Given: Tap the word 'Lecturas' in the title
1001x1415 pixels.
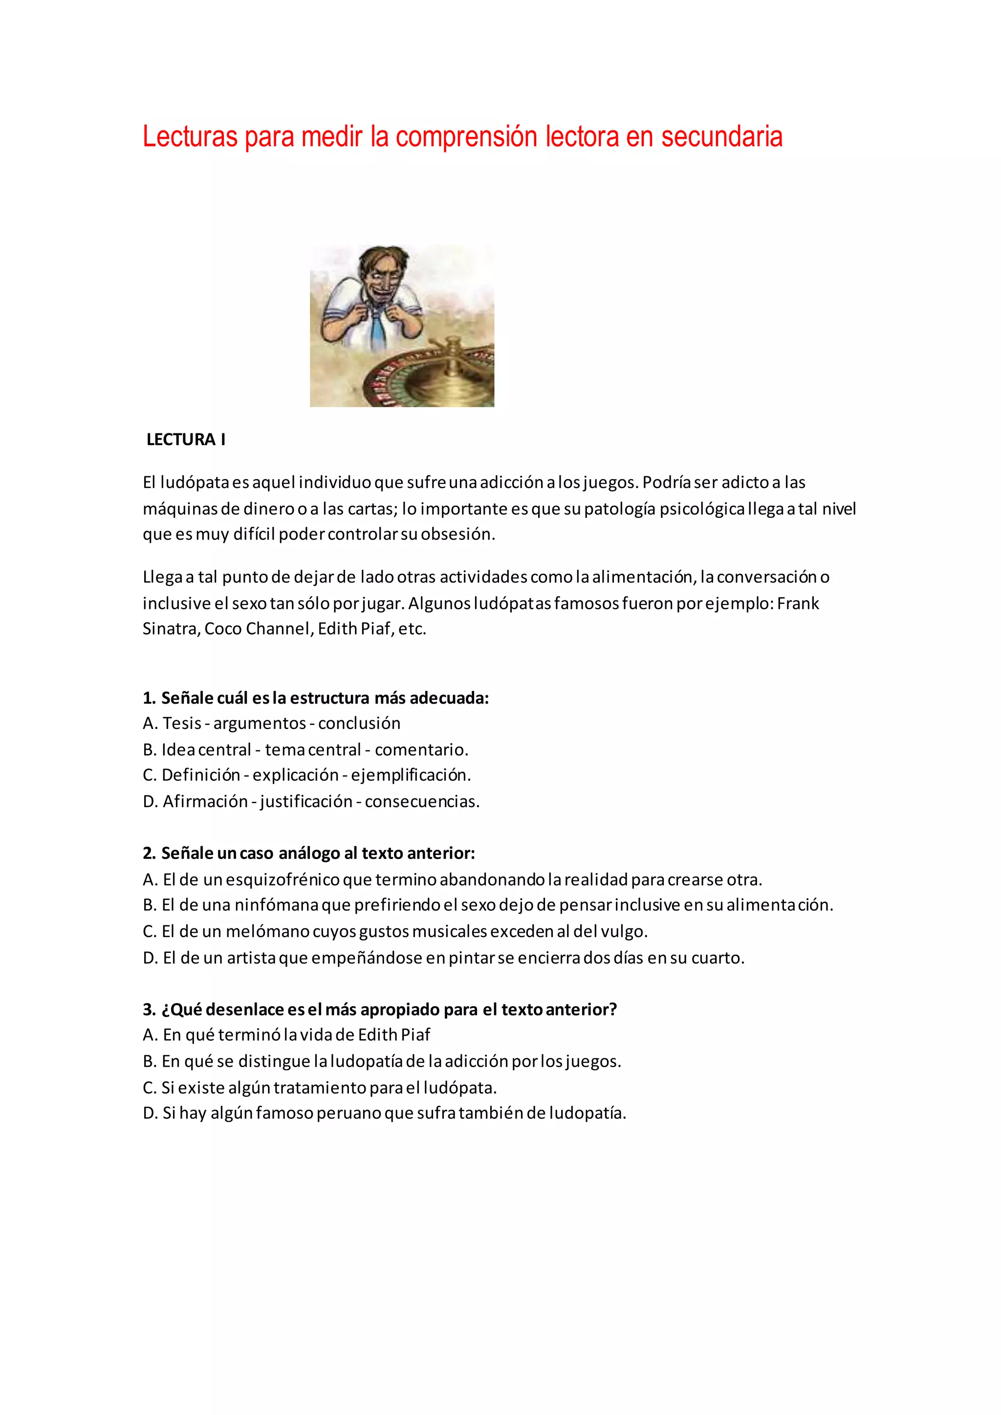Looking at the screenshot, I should (189, 137).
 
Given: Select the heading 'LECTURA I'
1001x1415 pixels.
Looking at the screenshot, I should (186, 439).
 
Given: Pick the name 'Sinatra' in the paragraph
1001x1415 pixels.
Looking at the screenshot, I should (170, 629).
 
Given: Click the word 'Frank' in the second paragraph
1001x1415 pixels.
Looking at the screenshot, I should (798, 603).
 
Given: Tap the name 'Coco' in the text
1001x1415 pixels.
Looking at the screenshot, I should (222, 629).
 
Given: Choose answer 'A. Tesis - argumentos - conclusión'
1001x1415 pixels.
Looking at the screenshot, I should (271, 723).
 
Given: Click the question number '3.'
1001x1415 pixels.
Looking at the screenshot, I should (149, 1009).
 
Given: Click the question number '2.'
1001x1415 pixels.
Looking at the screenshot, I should (149, 854).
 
